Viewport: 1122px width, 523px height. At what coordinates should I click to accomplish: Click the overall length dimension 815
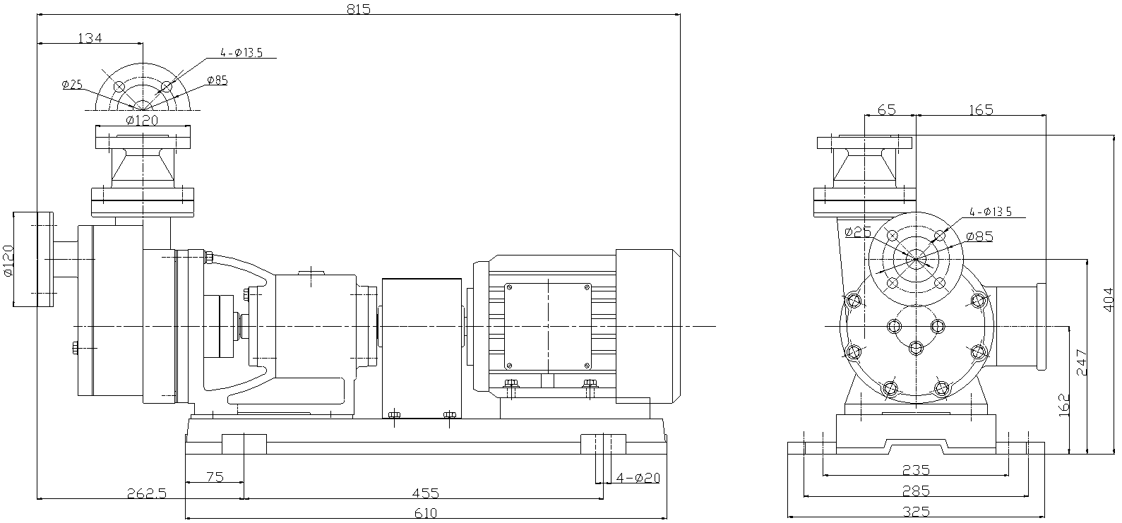pos(359,9)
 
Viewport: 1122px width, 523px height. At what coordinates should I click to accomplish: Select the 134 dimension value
pos(90,37)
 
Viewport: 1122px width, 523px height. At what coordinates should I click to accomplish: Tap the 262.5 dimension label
pos(146,493)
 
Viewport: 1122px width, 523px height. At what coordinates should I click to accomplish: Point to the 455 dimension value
pos(425,493)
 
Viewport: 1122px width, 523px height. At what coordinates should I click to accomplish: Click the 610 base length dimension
pos(425,513)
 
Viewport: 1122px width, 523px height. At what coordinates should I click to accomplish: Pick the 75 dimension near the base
pos(215,476)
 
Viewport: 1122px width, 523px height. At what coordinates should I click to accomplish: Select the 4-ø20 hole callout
pos(638,477)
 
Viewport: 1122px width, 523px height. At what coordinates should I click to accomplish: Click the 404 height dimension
pos(1109,299)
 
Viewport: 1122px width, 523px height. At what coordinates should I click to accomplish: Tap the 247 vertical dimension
pos(1082,362)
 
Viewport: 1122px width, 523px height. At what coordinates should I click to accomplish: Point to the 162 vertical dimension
pos(1063,405)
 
